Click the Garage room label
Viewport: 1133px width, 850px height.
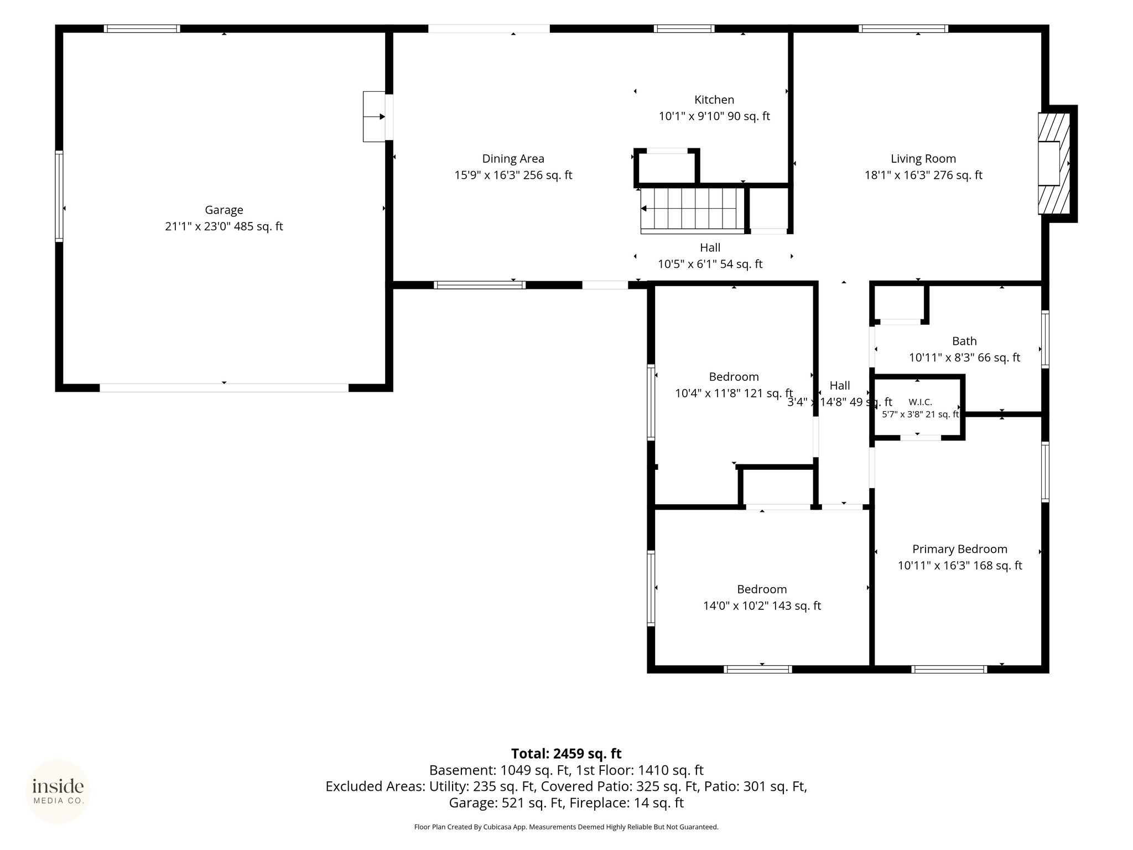pos(224,210)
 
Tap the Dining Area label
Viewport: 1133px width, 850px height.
pos(513,159)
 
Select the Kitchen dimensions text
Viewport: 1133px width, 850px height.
pos(714,116)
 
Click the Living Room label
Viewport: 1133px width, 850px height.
pos(923,159)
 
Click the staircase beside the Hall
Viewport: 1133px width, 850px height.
pos(692,209)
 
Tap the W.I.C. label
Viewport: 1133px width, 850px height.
pos(920,402)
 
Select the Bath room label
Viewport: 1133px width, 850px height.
pos(964,341)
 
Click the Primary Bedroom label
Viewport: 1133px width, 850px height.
pos(960,549)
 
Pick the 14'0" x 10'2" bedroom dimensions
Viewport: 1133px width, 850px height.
pos(762,606)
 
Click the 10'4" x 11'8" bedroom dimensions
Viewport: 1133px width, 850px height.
pos(734,393)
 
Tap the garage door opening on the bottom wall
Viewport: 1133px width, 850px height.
pos(224,387)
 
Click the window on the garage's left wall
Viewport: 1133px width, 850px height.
pos(59,196)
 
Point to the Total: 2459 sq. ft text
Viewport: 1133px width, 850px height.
pos(566,754)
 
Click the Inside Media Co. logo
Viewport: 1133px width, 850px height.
pos(58,792)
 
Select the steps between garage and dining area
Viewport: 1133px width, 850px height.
pos(375,117)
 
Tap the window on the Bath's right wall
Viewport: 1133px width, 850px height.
pos(1045,339)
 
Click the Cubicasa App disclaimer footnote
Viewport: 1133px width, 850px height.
pos(566,827)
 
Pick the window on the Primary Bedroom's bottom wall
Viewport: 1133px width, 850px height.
pos(949,669)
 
